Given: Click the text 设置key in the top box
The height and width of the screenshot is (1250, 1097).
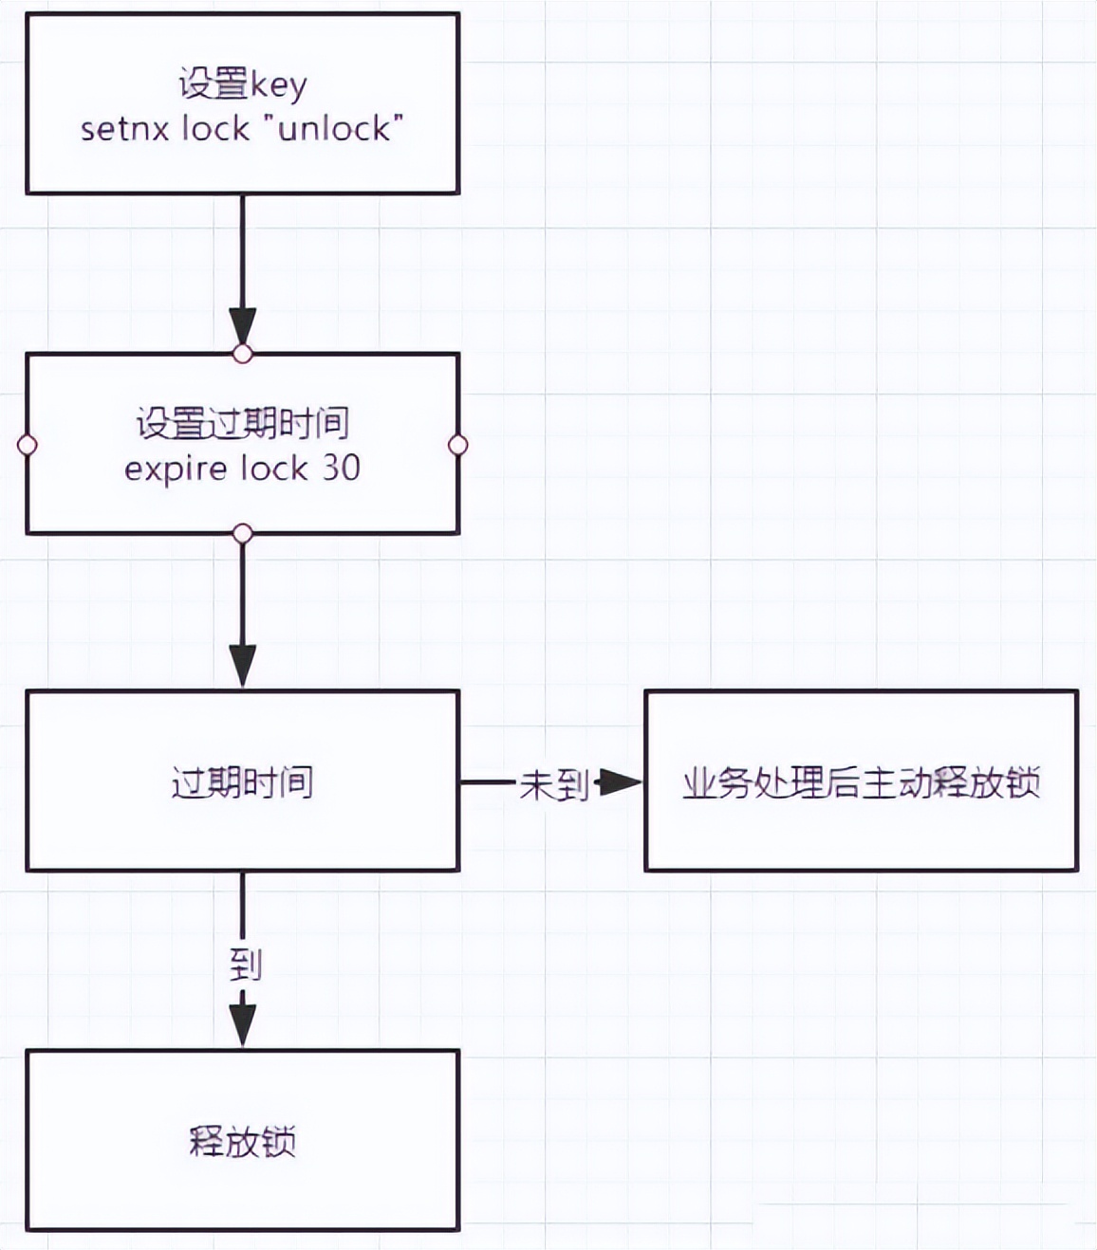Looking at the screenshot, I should [243, 83].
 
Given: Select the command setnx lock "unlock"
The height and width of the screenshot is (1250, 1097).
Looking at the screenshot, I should [243, 128].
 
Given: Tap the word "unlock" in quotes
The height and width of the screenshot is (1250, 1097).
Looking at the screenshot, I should [340, 128].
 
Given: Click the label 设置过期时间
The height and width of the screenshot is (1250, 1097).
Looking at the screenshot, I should [243, 423].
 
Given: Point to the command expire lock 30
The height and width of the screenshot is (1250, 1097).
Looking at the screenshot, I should [243, 468].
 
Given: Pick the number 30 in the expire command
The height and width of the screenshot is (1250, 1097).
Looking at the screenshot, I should [342, 468].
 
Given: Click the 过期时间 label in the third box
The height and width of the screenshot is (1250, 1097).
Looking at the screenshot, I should [243, 782].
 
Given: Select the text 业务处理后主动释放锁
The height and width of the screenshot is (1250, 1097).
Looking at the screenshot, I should [862, 782].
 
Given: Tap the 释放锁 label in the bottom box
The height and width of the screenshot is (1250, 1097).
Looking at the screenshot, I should [243, 1140].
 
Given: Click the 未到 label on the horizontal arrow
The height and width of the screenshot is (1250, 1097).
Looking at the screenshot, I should [554, 784].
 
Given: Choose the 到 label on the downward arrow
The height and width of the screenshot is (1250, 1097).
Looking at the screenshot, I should [245, 965].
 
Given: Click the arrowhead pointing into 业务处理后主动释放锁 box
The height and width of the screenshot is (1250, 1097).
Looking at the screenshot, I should [622, 782].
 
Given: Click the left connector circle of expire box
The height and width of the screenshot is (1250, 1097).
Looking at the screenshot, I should [28, 445].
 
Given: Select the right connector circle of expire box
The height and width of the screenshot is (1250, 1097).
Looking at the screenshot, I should [458, 445].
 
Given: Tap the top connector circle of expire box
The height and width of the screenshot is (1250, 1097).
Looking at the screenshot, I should [243, 355].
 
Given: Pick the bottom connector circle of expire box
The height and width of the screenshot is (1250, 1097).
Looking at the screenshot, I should [243, 534].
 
